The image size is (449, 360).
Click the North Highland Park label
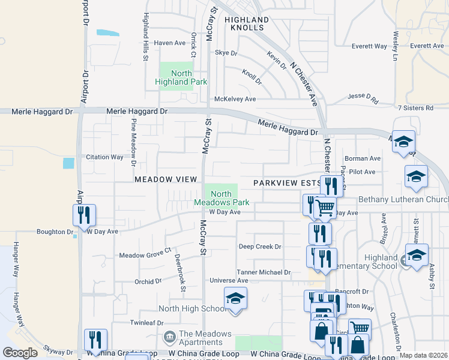click(x=181, y=77)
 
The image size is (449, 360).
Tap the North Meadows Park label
click(x=221, y=198)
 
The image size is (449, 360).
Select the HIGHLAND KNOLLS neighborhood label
click(x=244, y=23)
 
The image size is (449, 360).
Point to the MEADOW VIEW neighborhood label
click(x=166, y=179)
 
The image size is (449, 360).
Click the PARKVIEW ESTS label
click(x=287, y=182)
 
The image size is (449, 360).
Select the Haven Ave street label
click(x=170, y=43)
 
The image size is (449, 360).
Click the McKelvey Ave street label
click(x=235, y=99)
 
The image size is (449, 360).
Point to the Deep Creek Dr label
click(x=260, y=247)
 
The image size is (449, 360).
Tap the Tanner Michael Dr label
click(x=264, y=272)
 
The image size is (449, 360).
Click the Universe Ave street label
click(x=229, y=280)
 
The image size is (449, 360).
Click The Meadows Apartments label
click(x=205, y=338)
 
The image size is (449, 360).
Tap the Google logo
click(x=20, y=353)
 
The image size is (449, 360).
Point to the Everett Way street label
click(x=369, y=46)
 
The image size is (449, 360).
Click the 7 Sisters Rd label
click(x=415, y=108)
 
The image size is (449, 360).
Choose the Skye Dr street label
click(x=226, y=53)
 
